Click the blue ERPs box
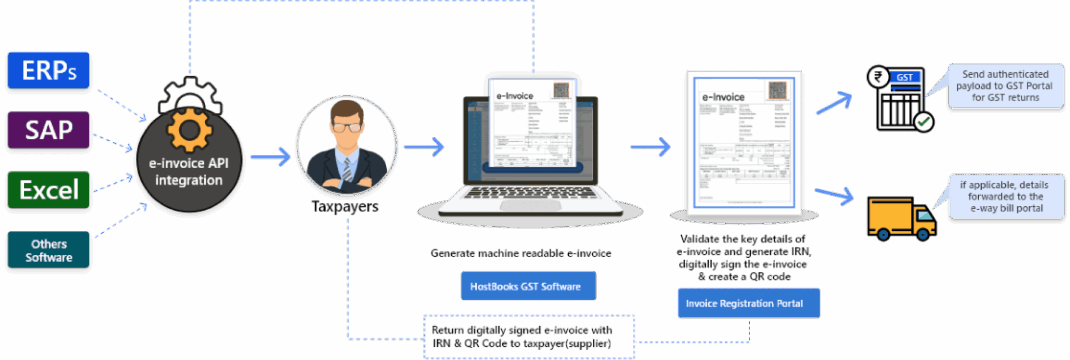(x=48, y=70)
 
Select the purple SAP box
(x=48, y=130)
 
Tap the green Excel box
(x=48, y=190)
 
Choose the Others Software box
(x=48, y=250)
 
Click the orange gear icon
(x=189, y=130)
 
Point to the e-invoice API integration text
(x=189, y=171)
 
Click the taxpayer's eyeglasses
(x=346, y=128)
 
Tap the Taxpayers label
(x=345, y=206)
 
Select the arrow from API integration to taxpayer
(x=271, y=157)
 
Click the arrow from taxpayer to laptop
(x=424, y=147)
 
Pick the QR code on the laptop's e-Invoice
(x=561, y=90)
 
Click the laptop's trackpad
(x=530, y=205)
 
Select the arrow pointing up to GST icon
(x=834, y=103)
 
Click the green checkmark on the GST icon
(x=923, y=122)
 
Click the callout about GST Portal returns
(x=1005, y=86)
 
